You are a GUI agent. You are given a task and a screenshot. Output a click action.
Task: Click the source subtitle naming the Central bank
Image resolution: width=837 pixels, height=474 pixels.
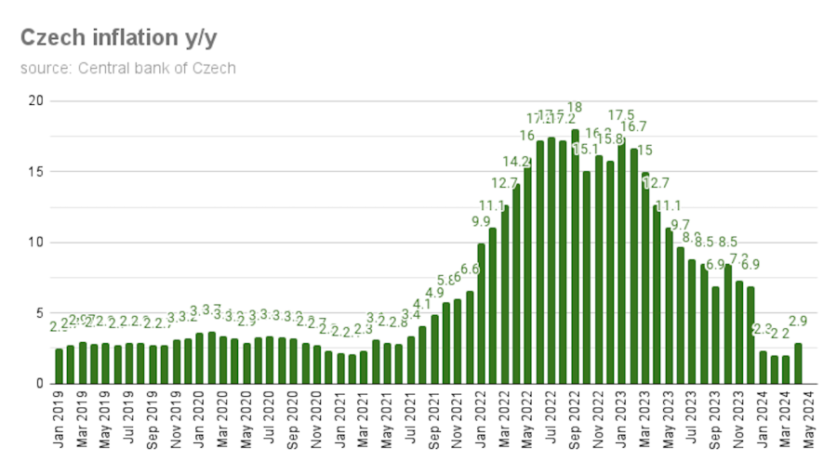coord(127,68)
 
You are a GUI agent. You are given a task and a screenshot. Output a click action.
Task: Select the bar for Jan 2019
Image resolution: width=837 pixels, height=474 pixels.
coord(60,366)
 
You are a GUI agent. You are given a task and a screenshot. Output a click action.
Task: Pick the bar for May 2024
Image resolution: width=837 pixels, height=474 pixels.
coord(798,363)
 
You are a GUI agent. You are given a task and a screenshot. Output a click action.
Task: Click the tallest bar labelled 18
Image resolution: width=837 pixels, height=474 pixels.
coord(575,257)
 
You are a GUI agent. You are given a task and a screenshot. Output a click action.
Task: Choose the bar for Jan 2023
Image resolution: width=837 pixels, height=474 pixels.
coord(621,260)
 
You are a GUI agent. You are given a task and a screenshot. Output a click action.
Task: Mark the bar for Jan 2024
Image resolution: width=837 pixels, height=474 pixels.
coord(763,367)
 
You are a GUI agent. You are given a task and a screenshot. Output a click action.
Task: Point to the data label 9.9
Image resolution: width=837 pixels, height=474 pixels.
coord(481,221)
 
